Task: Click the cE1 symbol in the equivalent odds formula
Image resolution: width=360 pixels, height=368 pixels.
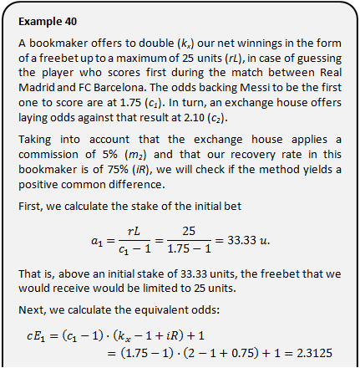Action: pyautogui.click(x=35, y=336)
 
